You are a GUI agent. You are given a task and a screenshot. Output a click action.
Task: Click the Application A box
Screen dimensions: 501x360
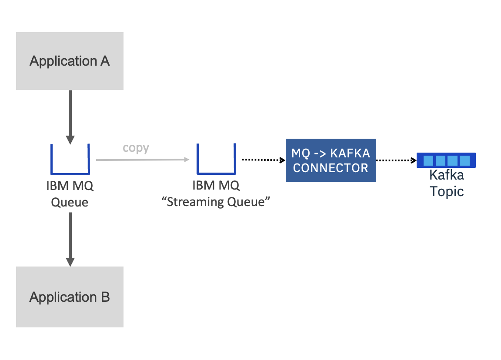tap(70, 61)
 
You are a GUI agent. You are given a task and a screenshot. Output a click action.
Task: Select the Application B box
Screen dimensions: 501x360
tap(70, 297)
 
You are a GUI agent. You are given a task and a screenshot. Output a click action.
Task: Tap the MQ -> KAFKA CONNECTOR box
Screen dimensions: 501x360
tap(331, 160)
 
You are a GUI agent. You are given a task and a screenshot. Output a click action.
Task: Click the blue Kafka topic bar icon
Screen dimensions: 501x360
tap(446, 160)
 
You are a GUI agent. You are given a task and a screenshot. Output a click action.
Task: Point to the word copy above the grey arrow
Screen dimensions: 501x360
tap(136, 148)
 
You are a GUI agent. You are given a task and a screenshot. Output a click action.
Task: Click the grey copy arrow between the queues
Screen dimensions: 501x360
tap(143, 160)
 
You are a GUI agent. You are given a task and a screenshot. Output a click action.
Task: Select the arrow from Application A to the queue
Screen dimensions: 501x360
tap(70, 117)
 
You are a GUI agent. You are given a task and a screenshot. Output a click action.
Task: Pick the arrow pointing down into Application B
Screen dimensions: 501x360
tap(70, 240)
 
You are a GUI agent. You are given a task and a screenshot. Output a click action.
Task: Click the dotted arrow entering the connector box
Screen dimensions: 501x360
tap(264, 160)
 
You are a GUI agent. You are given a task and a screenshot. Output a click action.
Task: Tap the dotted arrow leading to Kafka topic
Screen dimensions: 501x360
tap(396, 160)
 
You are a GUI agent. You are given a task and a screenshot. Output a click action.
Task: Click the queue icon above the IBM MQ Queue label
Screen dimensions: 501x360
tap(70, 173)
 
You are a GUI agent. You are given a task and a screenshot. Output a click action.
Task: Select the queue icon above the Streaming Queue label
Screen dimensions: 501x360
tap(216, 173)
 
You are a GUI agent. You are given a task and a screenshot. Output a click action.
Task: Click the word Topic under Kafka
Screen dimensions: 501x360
tap(447, 192)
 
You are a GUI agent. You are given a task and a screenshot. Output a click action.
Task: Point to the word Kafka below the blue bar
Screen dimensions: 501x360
tap(447, 175)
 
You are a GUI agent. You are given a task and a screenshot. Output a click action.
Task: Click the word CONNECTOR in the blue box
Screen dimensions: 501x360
tap(331, 168)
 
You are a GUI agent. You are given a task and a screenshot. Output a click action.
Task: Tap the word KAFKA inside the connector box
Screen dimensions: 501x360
tap(350, 153)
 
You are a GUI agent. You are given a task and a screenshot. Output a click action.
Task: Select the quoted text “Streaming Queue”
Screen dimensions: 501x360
tap(216, 202)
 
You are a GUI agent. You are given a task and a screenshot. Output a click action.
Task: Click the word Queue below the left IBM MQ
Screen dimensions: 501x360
tap(70, 202)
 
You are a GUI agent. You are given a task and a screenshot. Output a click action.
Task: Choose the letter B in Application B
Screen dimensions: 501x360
tap(105, 297)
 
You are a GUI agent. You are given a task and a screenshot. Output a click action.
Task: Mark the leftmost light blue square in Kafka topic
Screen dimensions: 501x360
tap(428, 160)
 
